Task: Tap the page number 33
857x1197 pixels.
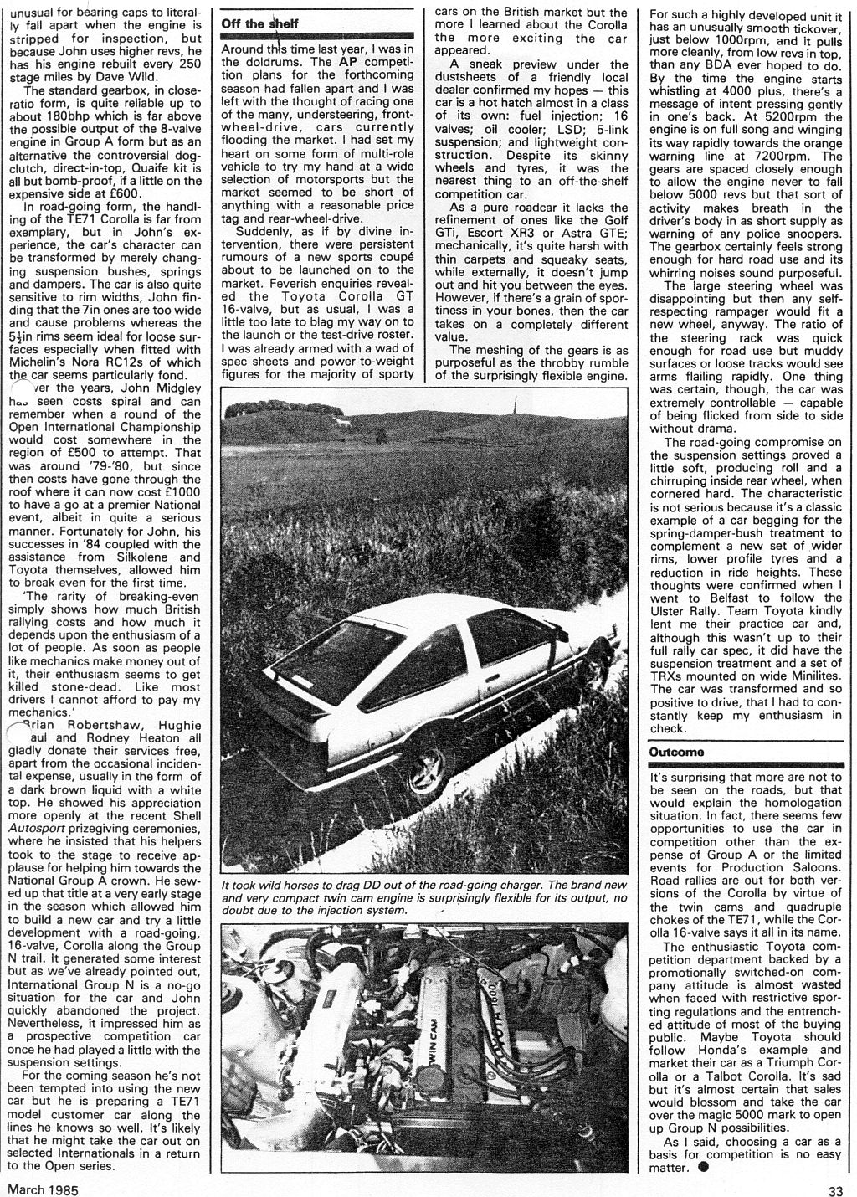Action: click(x=838, y=1188)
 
